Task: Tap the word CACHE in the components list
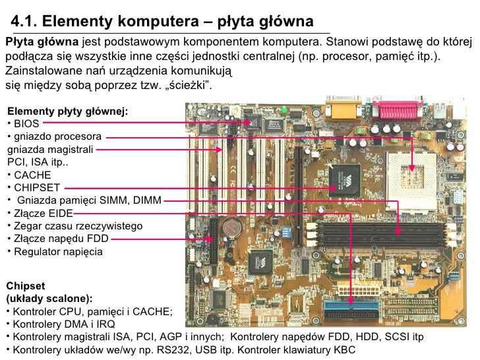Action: click(32, 175)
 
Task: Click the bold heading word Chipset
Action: click(25, 286)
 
